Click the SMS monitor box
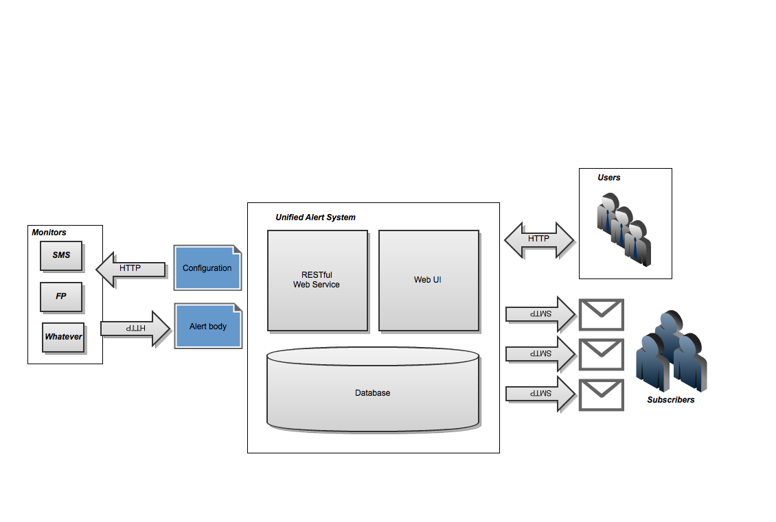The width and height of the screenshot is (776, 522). click(x=61, y=255)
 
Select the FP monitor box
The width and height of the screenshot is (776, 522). click(x=61, y=297)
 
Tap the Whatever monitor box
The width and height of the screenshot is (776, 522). click(x=63, y=337)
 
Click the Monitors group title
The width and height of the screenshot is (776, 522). click(x=49, y=233)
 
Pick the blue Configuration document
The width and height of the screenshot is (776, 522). click(x=207, y=268)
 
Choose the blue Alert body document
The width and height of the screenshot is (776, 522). click(x=207, y=327)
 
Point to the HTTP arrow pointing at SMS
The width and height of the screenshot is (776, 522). click(x=130, y=268)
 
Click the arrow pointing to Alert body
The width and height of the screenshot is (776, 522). click(x=135, y=329)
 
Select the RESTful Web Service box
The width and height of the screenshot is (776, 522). click(x=317, y=280)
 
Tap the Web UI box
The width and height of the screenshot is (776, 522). click(x=428, y=280)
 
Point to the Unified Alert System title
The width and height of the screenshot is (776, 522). click(x=316, y=217)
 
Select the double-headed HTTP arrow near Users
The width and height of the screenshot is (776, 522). click(x=539, y=239)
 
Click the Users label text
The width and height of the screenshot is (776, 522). click(x=609, y=178)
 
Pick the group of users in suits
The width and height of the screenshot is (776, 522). click(x=622, y=226)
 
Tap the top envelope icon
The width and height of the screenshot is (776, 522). click(x=602, y=315)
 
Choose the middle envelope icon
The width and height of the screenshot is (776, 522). click(x=602, y=355)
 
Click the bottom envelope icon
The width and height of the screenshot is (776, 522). click(x=602, y=394)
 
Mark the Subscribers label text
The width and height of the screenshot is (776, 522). click(x=671, y=400)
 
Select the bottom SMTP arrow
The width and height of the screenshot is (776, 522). click(x=540, y=394)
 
